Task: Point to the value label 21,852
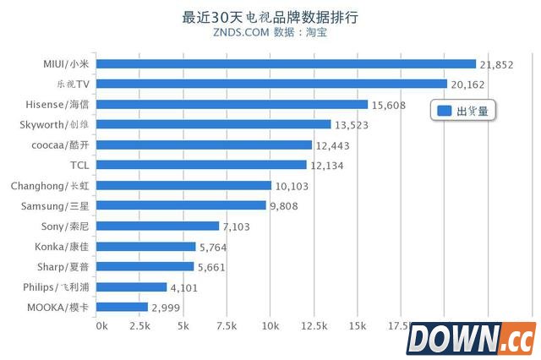[x=497, y=64]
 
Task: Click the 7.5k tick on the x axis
[x=225, y=325]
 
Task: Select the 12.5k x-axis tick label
[x=312, y=325]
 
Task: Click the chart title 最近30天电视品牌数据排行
[x=270, y=17]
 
